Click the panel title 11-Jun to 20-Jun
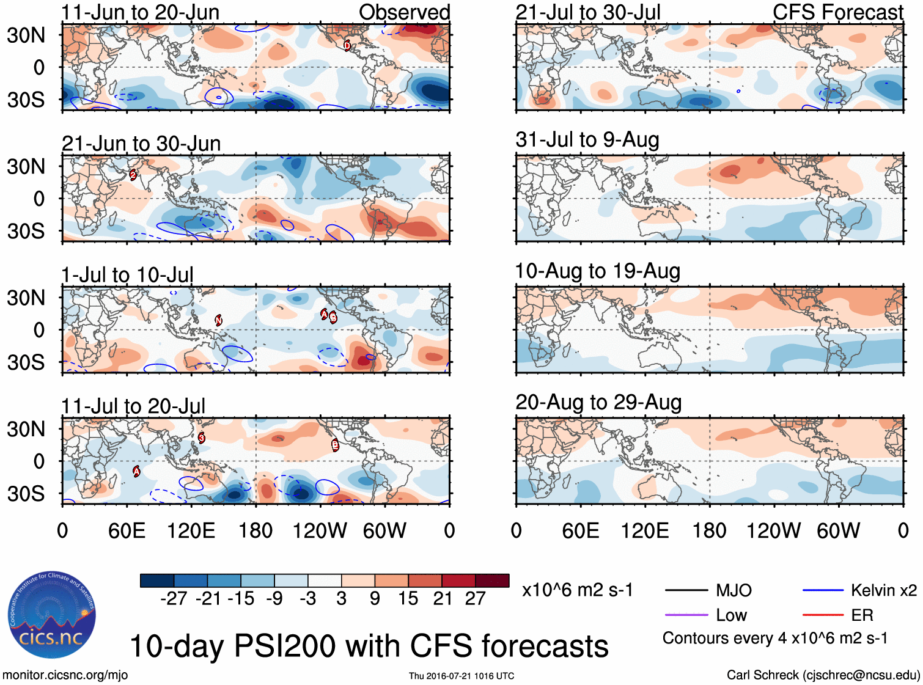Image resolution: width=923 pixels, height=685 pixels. tap(140, 12)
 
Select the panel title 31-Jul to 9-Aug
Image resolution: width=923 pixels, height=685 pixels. tap(587, 139)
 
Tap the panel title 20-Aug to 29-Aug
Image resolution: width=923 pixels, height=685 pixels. tap(598, 402)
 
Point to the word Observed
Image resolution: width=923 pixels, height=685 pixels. tap(404, 12)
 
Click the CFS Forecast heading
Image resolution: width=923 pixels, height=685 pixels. tap(837, 12)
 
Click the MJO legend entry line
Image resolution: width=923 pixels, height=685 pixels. tap(686, 590)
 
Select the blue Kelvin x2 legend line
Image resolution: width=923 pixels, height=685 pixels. tap(823, 590)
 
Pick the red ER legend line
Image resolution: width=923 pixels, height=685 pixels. tap(823, 615)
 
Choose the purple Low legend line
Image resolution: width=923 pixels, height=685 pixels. tap(686, 615)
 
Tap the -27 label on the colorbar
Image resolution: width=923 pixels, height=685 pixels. tap(173, 599)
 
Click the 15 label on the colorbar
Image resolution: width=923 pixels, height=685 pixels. tap(408, 599)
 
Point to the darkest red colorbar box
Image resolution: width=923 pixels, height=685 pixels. tap(492, 581)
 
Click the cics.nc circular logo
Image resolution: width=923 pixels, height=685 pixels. tap(51, 615)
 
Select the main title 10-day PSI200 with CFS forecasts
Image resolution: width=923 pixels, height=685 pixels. tap(369, 646)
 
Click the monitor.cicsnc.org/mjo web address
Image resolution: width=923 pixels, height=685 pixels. tap(65, 675)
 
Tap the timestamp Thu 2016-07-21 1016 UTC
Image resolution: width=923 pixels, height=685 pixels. tap(461, 676)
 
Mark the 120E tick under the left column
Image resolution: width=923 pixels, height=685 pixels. tap(191, 530)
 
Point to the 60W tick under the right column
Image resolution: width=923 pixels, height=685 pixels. tap(838, 530)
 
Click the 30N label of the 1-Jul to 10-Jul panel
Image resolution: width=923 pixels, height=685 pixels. tap(26, 298)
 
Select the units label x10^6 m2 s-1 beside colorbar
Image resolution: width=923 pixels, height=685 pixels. tap(577, 590)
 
